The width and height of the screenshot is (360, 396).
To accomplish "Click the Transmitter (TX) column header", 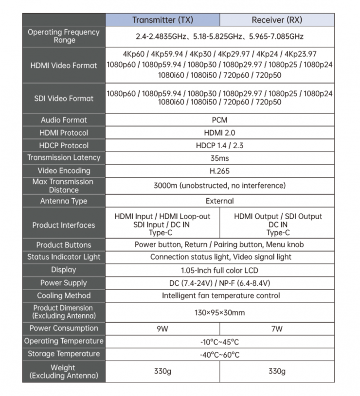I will [x=162, y=20].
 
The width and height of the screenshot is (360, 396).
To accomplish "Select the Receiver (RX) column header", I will [x=277, y=20].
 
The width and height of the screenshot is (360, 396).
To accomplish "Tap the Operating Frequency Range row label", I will [x=64, y=36].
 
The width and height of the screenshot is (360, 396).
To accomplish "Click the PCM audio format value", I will [x=220, y=120].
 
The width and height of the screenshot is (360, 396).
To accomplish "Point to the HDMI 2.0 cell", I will [x=220, y=133].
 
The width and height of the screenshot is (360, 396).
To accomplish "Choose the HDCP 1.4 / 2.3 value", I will [x=220, y=145].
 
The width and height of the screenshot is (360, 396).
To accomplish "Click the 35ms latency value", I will [x=220, y=158].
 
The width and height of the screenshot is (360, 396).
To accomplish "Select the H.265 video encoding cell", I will [x=220, y=171].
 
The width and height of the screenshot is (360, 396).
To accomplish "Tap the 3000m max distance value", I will [x=220, y=186].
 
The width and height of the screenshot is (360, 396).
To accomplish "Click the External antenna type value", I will [x=220, y=201].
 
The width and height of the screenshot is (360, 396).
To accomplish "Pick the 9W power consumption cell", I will [x=162, y=328].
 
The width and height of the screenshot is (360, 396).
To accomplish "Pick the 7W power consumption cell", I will [x=277, y=328].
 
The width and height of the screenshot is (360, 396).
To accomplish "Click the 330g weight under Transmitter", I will [x=162, y=371].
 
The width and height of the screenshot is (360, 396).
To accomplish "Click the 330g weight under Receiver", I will [x=277, y=371].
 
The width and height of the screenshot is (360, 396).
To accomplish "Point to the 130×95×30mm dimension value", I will [x=220, y=312].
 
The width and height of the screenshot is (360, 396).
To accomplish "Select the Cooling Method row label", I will [x=64, y=295].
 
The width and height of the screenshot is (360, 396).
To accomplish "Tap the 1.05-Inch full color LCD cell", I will [x=220, y=270].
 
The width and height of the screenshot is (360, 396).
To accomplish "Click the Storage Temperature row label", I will [x=64, y=354].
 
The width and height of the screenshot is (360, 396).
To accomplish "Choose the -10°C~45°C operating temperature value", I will [x=220, y=341].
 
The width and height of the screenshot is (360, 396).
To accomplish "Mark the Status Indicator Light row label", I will [x=64, y=257].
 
